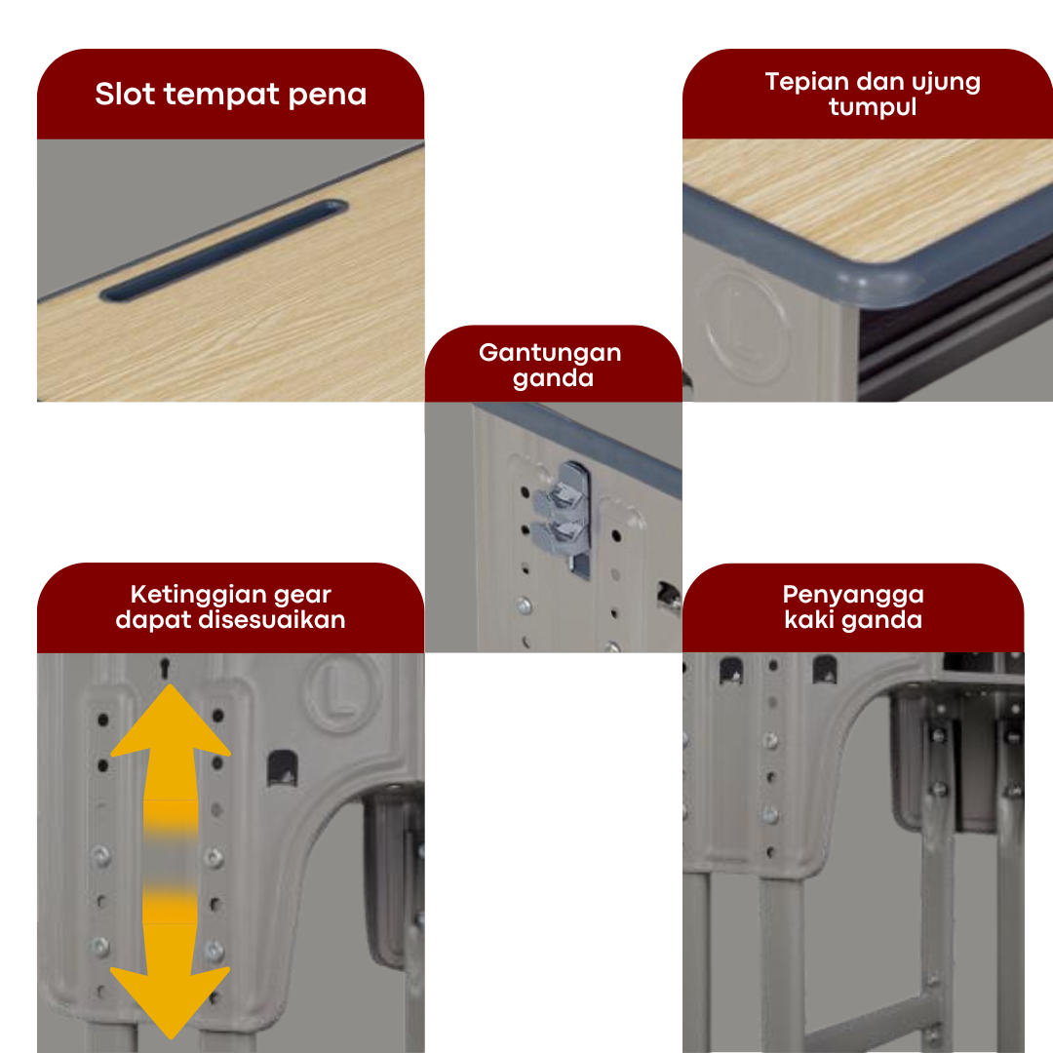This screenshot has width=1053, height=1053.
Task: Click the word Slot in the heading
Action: click(x=125, y=94)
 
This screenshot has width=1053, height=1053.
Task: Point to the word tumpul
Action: click(x=873, y=107)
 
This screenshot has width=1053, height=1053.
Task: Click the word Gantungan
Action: click(x=550, y=353)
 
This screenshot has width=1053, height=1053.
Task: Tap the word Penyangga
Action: click(x=853, y=596)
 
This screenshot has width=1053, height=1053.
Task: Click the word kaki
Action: click(x=808, y=619)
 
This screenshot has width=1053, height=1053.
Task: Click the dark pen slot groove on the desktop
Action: click(x=224, y=251)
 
